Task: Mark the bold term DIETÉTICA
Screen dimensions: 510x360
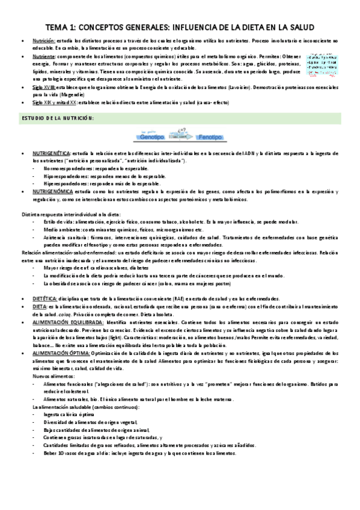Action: (x=45, y=298)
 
